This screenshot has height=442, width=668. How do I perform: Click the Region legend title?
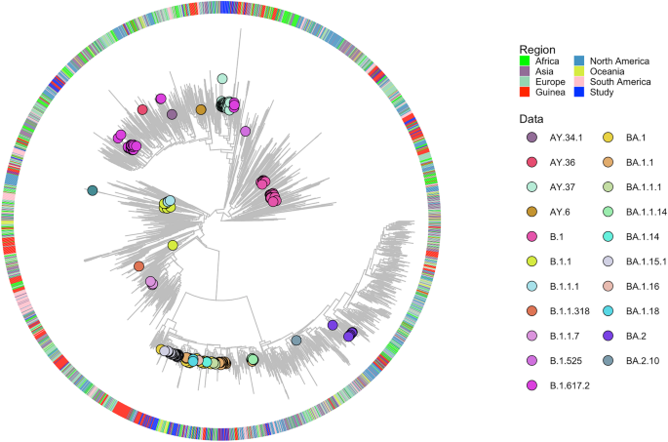pyautogui.click(x=538, y=49)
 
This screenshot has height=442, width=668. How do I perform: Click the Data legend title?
pyautogui.click(x=532, y=117)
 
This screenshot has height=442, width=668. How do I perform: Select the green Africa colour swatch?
pyautogui.click(x=526, y=61)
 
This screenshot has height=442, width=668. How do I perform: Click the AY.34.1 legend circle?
pyautogui.click(x=531, y=138)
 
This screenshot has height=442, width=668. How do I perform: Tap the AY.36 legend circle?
pyautogui.click(x=531, y=163)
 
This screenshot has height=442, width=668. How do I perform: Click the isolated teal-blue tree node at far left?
pyautogui.click(x=92, y=190)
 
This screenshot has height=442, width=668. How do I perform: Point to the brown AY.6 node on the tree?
pyautogui.click(x=201, y=109)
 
